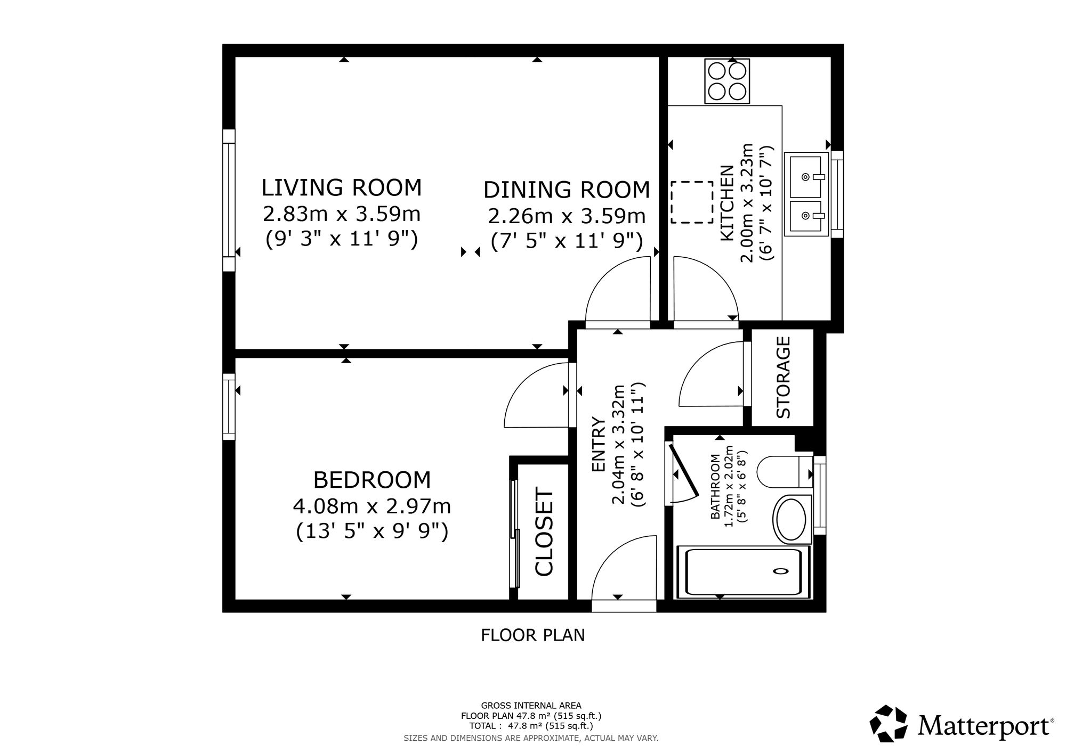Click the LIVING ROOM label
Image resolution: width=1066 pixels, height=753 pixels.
[x=341, y=188]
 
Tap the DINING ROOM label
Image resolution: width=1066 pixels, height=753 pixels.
[x=567, y=190]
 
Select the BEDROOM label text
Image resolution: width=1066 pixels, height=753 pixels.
[x=372, y=480]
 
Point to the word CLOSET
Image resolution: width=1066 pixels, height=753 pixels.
[x=544, y=533]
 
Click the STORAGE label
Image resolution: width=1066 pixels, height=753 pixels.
[x=783, y=377]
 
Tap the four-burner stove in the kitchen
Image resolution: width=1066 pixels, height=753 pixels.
[x=727, y=81]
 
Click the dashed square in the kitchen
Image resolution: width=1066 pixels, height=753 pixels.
[x=692, y=202]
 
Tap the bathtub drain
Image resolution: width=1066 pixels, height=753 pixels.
[x=780, y=571]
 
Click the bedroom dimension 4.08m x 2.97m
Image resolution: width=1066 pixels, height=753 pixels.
[x=372, y=506]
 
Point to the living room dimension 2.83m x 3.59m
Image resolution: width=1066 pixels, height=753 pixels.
[x=342, y=214]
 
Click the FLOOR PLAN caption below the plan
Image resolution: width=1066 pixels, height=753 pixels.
[x=533, y=635]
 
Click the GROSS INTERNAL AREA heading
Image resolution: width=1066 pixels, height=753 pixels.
[x=531, y=706]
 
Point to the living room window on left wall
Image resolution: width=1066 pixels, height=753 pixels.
[x=229, y=200]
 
